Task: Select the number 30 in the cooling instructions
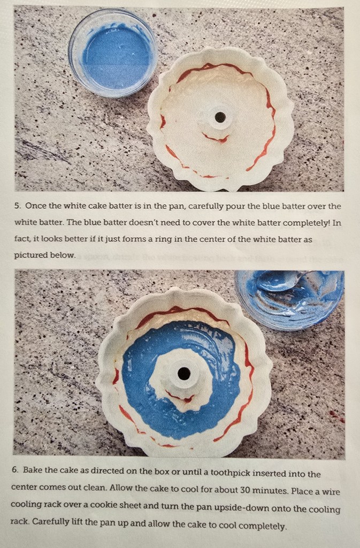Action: [246, 490]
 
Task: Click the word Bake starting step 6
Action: [32, 470]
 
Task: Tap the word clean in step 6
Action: [95, 487]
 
